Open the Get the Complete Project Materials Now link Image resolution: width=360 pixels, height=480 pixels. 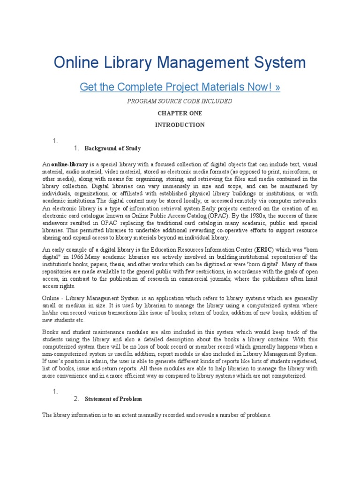(180, 87)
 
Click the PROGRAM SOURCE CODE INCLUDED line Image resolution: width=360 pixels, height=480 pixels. (180, 101)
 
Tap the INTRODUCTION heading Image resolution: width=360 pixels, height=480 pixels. (180, 125)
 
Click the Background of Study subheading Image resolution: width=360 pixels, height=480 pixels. (112, 149)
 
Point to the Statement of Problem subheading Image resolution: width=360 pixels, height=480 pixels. (113, 399)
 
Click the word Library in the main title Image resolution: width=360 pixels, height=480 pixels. (122, 63)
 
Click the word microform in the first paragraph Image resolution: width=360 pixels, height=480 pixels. (295, 172)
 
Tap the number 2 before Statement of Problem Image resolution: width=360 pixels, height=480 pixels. (76, 399)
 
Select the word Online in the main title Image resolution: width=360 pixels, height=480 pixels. (75, 63)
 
